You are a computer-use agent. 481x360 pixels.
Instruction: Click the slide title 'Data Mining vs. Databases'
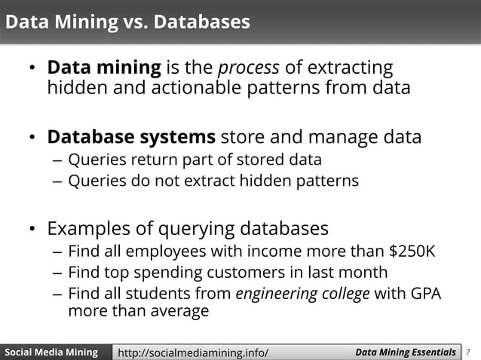127,23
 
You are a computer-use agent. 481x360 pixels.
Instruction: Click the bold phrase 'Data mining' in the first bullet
104,68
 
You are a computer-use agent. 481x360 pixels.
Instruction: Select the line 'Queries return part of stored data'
195,160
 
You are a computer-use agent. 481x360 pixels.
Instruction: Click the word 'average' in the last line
174,311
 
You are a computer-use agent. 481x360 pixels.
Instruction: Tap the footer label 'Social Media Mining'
51,352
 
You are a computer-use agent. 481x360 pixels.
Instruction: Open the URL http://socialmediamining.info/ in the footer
193,352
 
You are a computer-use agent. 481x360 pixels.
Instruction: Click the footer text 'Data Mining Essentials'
405,352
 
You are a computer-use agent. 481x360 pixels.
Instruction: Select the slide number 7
470,352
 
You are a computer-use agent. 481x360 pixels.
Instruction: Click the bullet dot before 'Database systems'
32,138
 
